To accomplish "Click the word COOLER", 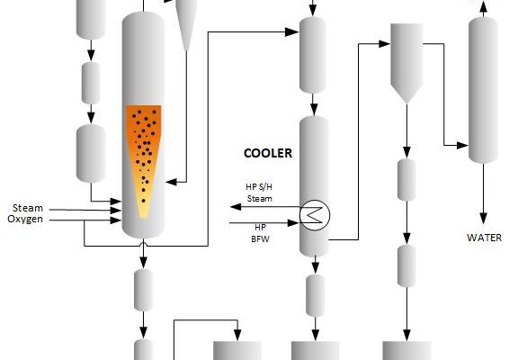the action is click(267, 153).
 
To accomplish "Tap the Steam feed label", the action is click(28, 208).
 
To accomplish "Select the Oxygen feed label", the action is click(25, 219).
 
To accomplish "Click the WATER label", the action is click(484, 238).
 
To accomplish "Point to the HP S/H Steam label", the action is click(259, 193).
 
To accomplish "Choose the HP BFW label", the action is click(260, 233).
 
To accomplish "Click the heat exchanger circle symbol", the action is click(315, 215).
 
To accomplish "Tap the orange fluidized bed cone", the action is click(144, 161).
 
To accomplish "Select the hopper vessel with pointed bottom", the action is click(406, 63).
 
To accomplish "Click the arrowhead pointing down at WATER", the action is click(483, 219).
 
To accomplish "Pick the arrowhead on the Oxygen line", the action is click(116, 220).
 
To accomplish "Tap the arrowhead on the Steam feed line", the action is click(116, 211).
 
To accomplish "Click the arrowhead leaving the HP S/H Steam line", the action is click(236, 207).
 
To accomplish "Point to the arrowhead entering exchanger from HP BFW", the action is click(293, 222).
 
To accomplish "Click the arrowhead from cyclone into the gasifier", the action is click(172, 182).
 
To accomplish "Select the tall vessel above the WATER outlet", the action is click(483, 90).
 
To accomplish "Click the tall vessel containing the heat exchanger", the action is click(314, 186).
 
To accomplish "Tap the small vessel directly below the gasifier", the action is click(143, 290).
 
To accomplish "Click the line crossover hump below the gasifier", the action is click(144, 243).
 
